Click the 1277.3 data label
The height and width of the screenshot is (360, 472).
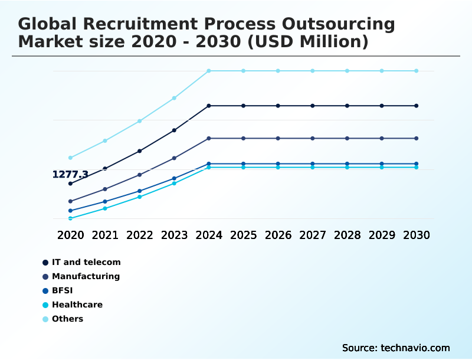tap(70, 175)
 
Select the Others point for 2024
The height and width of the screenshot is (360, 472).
tap(209, 71)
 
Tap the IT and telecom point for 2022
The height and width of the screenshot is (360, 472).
tap(140, 151)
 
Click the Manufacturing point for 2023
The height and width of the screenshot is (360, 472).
tap(174, 158)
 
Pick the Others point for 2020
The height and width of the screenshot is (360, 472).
tap(70, 158)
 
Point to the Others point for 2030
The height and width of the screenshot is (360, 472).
tap(417, 71)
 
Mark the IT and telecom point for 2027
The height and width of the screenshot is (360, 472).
tap(313, 106)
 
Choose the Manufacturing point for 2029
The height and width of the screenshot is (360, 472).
tap(382, 138)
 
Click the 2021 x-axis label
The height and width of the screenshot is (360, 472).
tap(105, 235)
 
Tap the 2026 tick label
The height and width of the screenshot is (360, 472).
tap(278, 235)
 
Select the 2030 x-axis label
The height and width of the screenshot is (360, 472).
tap(417, 235)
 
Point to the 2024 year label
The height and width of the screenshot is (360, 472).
tap(209, 235)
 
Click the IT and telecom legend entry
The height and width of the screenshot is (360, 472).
tap(86, 262)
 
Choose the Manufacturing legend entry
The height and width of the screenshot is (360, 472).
tap(86, 276)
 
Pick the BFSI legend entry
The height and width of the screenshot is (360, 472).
tap(62, 290)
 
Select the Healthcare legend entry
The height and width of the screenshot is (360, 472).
tap(77, 305)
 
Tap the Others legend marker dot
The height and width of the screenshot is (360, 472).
tap(45, 319)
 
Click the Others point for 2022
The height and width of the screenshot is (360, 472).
tap(140, 121)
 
